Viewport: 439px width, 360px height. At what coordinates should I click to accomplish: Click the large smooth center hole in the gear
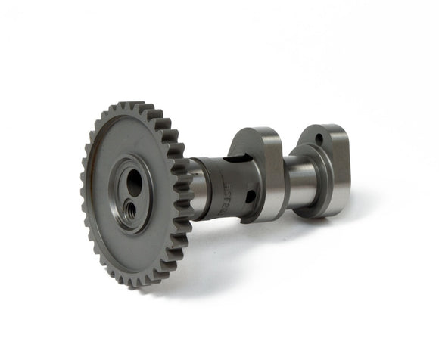click(x=134, y=182)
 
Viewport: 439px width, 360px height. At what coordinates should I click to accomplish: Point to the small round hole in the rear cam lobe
click(x=319, y=140)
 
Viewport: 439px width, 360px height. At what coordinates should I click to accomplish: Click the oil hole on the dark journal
click(x=251, y=197)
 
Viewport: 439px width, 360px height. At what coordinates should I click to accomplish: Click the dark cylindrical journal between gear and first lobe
click(x=223, y=189)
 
